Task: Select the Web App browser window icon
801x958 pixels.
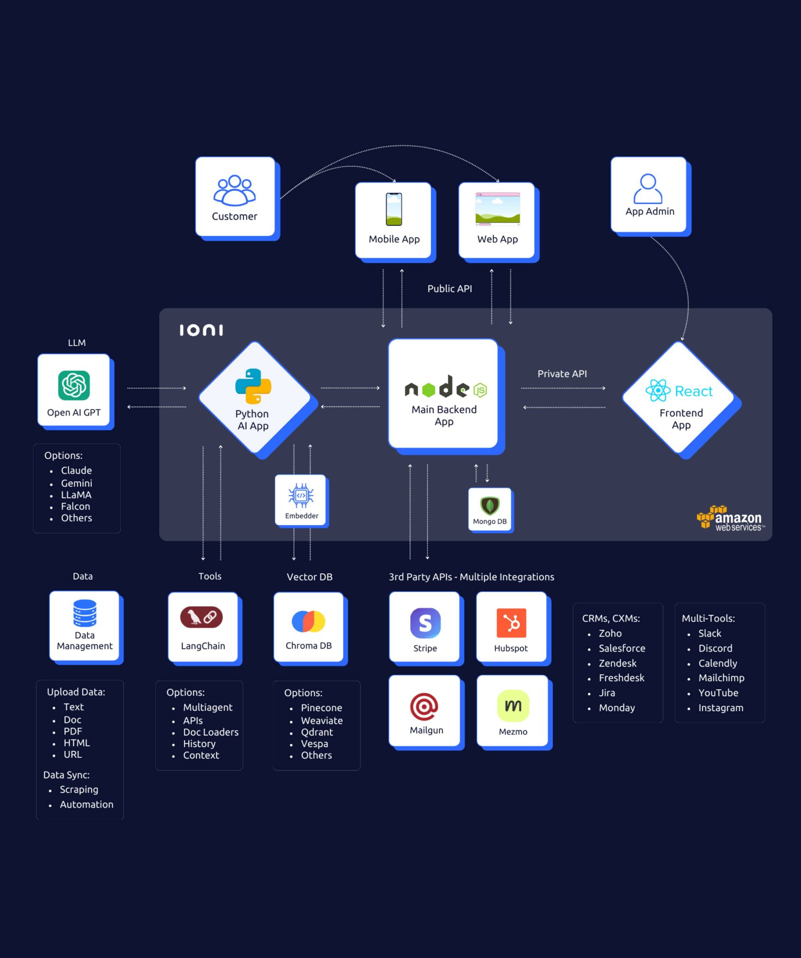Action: [497, 209]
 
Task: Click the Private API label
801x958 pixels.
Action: [562, 373]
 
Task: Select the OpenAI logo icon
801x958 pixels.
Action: [74, 385]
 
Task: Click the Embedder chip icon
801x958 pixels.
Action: [301, 495]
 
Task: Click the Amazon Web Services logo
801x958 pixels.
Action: [730, 519]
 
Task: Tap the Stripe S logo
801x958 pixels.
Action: [425, 623]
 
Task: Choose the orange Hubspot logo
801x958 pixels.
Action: [511, 623]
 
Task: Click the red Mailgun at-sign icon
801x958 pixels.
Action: [424, 707]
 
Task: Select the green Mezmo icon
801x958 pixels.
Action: [513, 706]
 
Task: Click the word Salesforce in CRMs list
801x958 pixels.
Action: [622, 648]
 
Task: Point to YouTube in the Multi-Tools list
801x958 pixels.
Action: [718, 693]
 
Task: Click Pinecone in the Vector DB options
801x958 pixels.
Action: [321, 708]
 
